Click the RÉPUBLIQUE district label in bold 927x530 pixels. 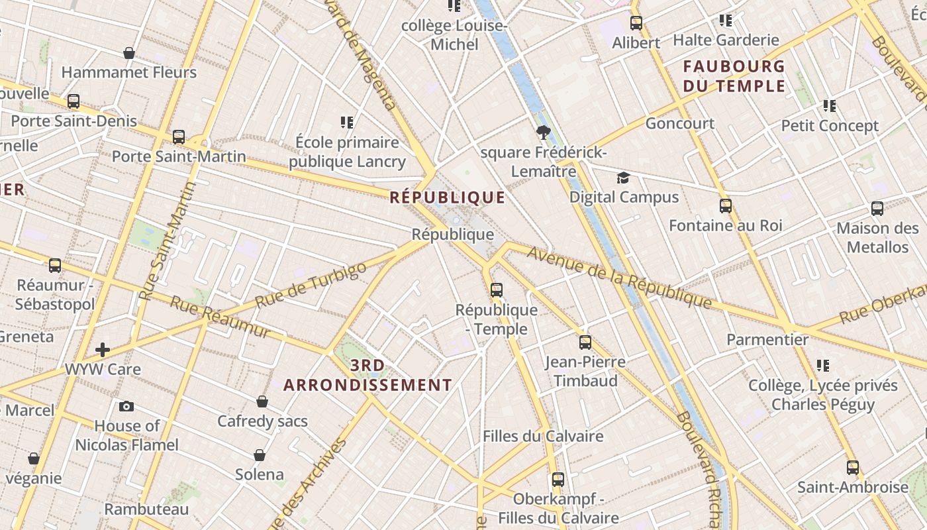point(448,197)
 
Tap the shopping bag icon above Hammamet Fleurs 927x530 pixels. point(129,53)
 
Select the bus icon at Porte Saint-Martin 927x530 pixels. point(179,137)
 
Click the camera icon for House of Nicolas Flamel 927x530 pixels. point(126,406)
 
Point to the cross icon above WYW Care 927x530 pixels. point(103,349)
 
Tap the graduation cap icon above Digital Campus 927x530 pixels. point(623,178)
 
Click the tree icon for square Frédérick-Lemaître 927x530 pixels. point(544,132)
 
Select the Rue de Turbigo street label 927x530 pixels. point(311,285)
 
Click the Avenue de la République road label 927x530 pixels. point(619,278)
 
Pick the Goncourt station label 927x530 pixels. point(680,123)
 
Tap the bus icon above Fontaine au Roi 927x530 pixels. point(726,206)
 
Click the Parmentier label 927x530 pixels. point(767,340)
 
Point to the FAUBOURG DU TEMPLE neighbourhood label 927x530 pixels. point(734,76)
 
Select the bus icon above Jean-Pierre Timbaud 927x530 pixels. point(585,343)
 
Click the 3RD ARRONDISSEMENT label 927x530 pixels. point(368,375)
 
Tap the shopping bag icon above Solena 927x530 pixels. point(260,455)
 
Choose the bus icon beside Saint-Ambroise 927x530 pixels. point(853,468)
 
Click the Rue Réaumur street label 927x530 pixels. point(220,317)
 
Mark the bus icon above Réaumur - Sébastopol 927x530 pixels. point(55,266)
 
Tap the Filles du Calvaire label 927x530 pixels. point(543,436)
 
